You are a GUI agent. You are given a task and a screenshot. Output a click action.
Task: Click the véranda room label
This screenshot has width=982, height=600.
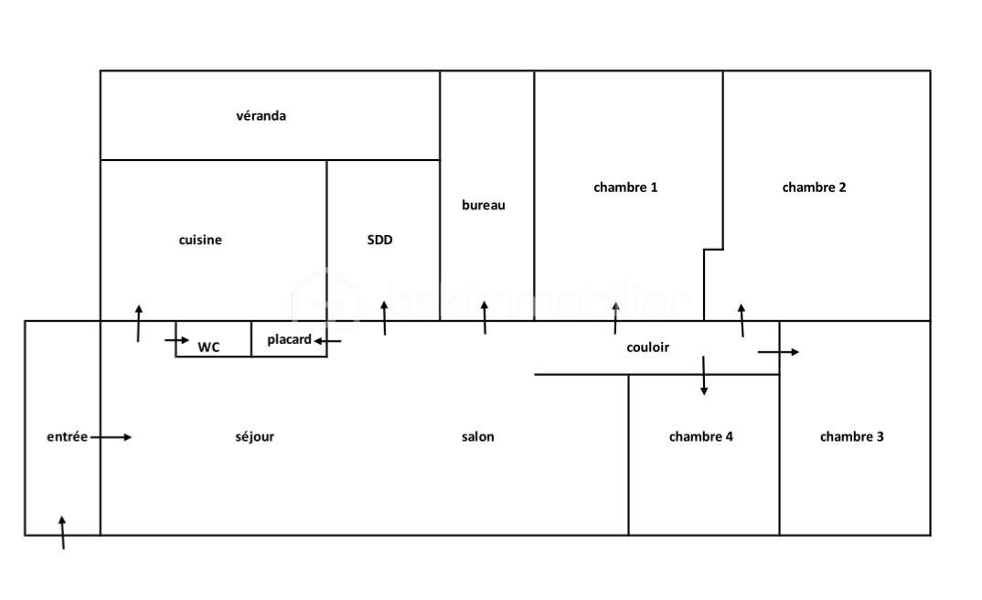tap(261, 116)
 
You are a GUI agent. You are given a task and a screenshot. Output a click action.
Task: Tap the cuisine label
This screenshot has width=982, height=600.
tap(200, 241)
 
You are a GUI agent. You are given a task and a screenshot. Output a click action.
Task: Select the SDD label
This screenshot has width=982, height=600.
tap(379, 241)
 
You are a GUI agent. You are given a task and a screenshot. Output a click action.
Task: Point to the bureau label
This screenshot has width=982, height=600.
tap(484, 206)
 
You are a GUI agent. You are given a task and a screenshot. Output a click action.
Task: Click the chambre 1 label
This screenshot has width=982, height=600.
tap(625, 187)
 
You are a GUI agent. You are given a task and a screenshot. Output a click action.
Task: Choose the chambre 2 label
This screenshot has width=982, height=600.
tap(814, 187)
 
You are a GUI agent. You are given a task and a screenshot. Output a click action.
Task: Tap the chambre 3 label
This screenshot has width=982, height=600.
tap(851, 437)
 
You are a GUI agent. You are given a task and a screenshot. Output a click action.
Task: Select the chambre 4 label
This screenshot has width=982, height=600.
tap(700, 437)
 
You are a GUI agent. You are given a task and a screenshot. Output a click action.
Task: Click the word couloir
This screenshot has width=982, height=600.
tap(648, 348)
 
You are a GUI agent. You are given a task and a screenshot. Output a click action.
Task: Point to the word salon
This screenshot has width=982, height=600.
tap(477, 437)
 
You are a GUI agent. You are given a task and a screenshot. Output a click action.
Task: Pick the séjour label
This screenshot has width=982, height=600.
tap(254, 437)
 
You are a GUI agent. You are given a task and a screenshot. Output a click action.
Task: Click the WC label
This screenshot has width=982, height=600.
tap(208, 348)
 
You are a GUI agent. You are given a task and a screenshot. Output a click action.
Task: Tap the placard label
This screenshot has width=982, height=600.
tap(289, 340)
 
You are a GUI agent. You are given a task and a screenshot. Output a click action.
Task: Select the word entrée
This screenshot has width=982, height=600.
tap(67, 437)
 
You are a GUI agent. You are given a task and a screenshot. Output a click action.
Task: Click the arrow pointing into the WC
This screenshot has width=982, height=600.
tap(176, 340)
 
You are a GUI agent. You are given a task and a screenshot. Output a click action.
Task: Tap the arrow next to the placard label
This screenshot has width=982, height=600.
tap(327, 341)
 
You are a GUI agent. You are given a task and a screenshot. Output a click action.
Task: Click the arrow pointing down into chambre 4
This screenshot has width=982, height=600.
tap(703, 375)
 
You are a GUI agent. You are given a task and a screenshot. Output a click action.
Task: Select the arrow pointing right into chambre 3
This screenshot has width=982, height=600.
tap(778, 352)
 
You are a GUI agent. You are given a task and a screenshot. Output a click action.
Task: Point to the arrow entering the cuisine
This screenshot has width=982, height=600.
tap(139, 323)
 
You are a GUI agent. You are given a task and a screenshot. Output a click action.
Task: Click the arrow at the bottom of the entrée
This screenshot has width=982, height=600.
tap(62, 532)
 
